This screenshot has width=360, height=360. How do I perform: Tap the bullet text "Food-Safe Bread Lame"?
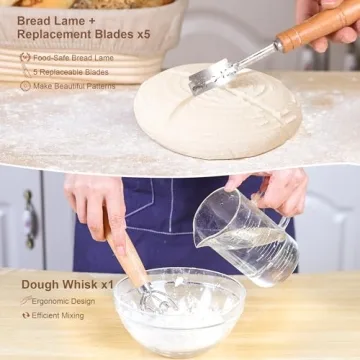pyautogui.click(x=73, y=58)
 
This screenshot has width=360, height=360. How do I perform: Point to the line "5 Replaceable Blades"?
pyautogui.click(x=71, y=72)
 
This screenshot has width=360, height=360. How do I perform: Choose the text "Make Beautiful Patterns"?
pyautogui.click(x=74, y=86)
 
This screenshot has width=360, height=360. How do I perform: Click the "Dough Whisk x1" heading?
pyautogui.click(x=66, y=284)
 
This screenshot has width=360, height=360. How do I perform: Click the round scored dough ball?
pyautogui.click(x=217, y=112)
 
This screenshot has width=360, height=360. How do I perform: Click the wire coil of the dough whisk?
pyautogui.click(x=151, y=297)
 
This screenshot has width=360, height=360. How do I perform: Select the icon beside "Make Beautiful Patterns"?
pyautogui.click(x=24, y=86)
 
